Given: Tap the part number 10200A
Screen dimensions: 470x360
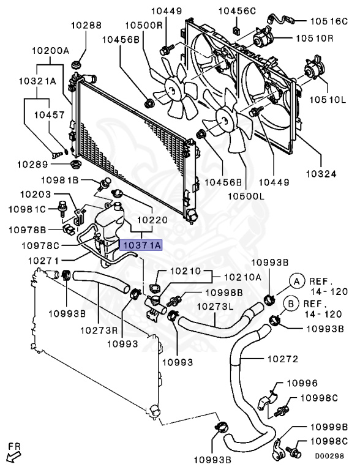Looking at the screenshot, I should click(50, 51).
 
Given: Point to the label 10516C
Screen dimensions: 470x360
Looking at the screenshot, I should click(334, 20).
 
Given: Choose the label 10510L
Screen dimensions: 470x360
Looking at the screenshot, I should click(334, 100).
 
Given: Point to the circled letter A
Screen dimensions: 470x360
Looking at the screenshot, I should click(296, 281).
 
